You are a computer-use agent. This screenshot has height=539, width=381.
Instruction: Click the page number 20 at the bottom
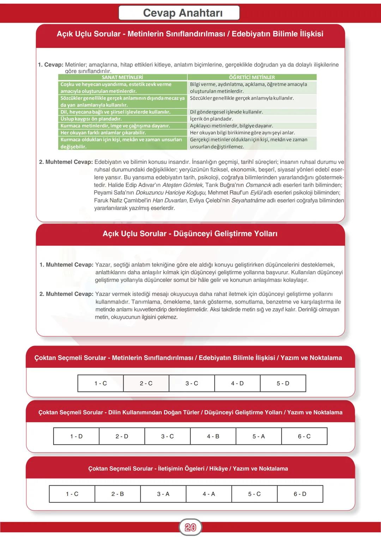[190, 527]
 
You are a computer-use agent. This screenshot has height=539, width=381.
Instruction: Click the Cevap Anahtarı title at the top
[183, 13]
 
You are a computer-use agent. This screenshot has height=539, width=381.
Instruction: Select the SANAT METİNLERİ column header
[122, 77]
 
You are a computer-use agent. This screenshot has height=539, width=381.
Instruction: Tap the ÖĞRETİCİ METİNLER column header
[252, 77]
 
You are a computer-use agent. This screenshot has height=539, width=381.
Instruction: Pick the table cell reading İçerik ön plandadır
[211, 119]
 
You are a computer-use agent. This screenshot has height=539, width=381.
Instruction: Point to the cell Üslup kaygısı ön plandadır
[91, 119]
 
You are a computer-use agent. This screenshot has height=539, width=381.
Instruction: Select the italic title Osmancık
[258, 185]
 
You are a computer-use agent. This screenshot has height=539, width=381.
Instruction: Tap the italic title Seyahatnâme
[248, 200]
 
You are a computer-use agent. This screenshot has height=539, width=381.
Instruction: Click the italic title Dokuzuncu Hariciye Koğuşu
[171, 193]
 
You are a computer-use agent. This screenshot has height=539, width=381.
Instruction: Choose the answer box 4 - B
[213, 436]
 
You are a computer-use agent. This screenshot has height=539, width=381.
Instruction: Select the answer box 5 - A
[259, 436]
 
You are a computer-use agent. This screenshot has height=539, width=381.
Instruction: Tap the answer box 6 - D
[300, 494]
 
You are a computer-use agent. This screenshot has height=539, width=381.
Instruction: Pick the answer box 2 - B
[117, 494]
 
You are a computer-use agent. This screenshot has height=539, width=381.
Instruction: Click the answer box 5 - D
[283, 383]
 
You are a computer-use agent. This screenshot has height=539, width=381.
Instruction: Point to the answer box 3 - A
[163, 494]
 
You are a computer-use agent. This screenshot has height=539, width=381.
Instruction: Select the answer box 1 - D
[76, 436]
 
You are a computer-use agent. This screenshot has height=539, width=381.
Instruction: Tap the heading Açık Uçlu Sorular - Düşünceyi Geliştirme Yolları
[190, 234]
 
